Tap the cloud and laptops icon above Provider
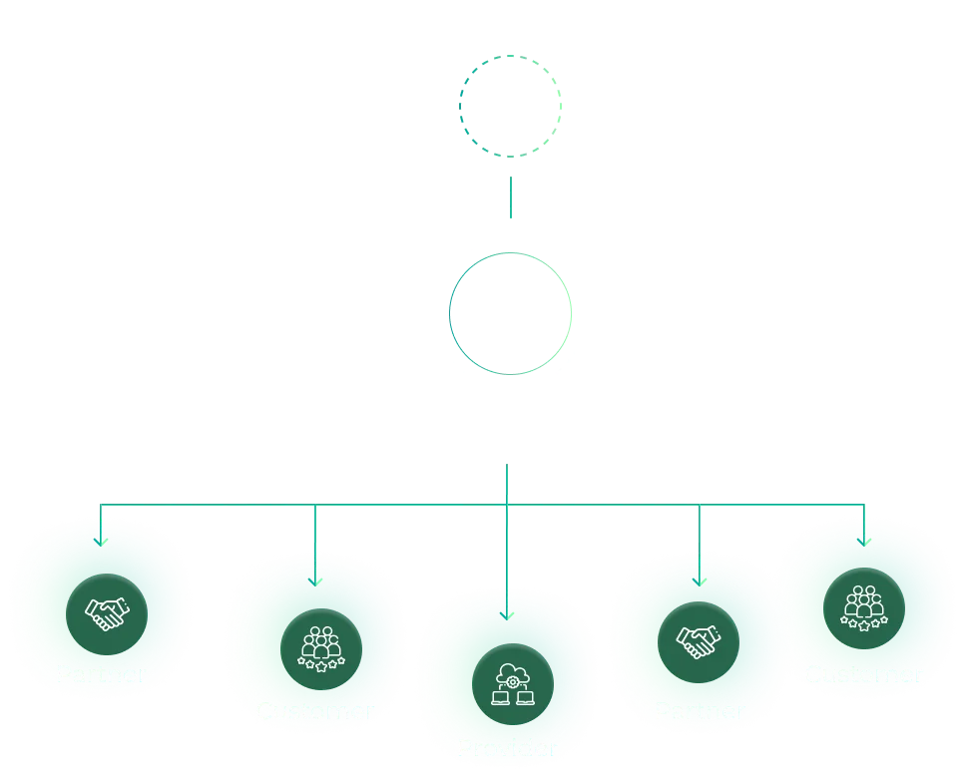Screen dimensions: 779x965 (512, 684)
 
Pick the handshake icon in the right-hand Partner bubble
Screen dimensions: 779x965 (698, 642)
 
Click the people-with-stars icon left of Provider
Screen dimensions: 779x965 (321, 649)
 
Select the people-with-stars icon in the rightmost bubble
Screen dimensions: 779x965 (864, 608)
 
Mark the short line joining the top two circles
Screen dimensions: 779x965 (510, 199)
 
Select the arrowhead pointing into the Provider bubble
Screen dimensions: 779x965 (508, 614)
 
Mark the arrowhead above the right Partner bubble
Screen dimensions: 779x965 (700, 581)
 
